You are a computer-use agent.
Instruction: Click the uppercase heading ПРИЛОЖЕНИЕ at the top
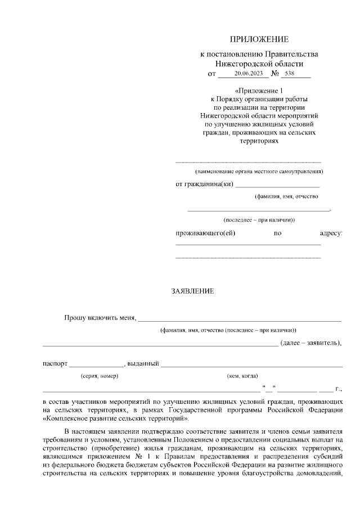[x=259, y=39]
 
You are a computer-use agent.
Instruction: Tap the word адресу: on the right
[x=331, y=233]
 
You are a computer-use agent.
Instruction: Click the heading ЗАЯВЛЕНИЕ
[x=192, y=291]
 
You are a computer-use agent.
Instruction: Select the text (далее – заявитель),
[x=311, y=342]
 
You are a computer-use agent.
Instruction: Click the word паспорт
[x=55, y=363]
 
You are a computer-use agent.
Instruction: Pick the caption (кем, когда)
[x=242, y=376]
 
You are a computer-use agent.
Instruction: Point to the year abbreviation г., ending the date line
[x=338, y=388]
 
